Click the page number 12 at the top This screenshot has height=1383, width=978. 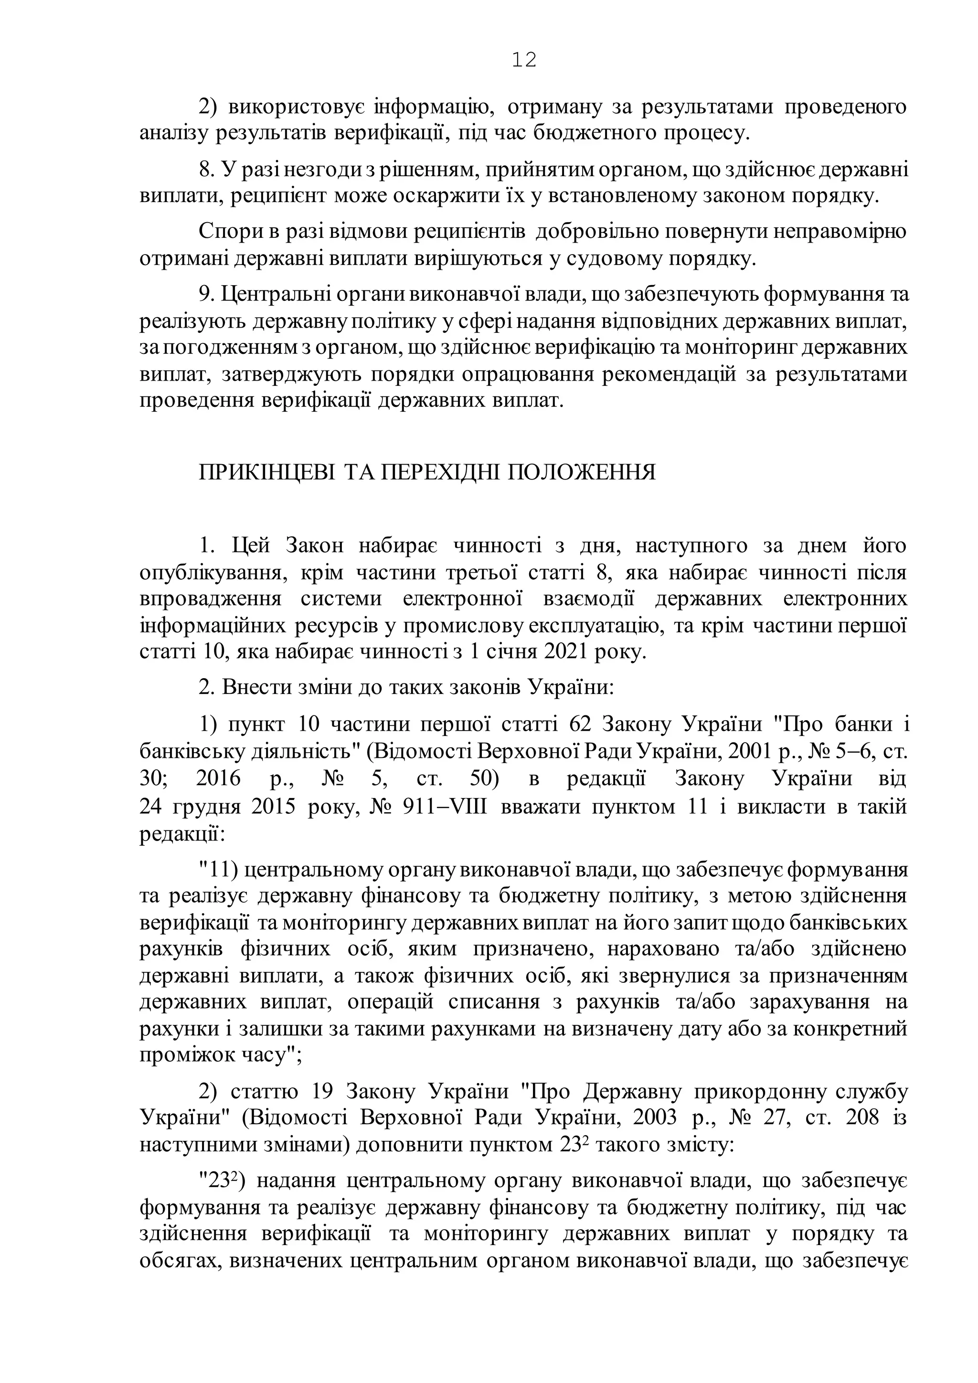pyautogui.click(x=524, y=60)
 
